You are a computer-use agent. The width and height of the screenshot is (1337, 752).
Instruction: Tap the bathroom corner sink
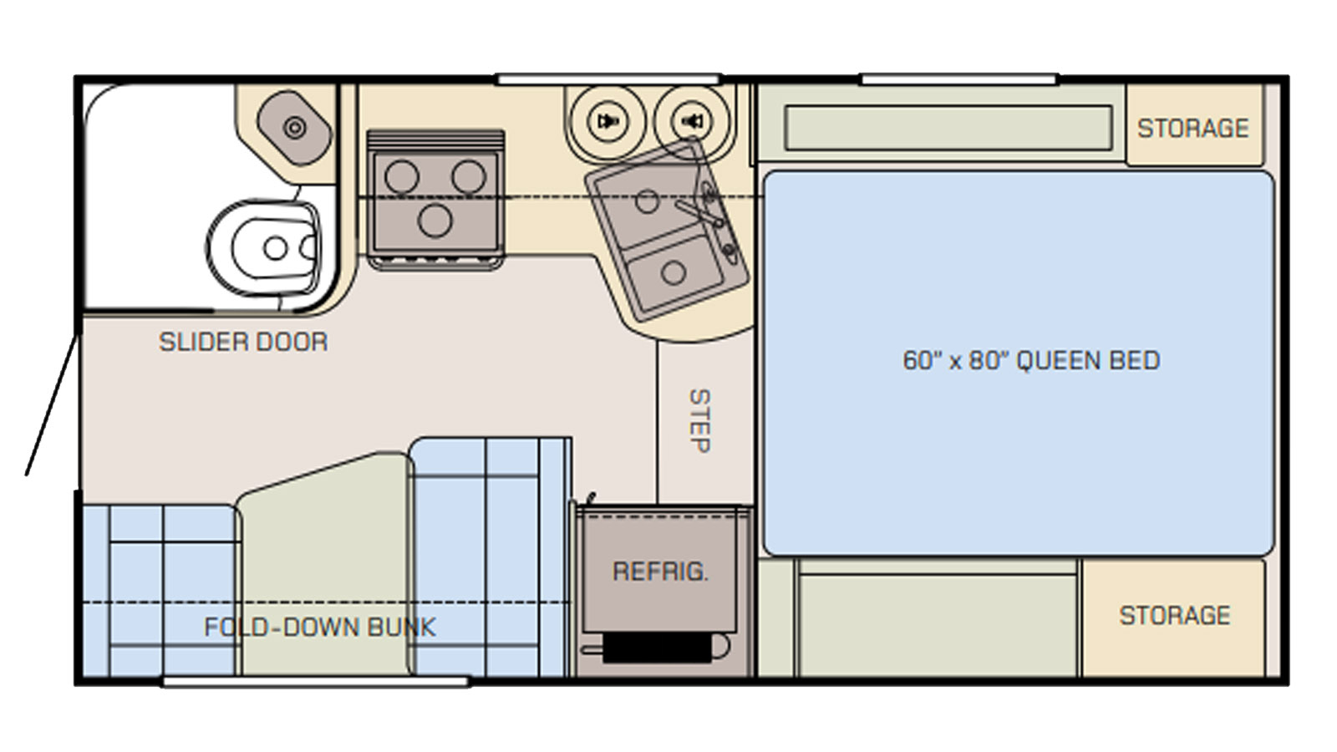coord(294,128)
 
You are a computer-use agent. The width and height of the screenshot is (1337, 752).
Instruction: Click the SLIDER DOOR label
coord(243,342)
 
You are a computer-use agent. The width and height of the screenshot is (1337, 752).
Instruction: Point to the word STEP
coord(699,421)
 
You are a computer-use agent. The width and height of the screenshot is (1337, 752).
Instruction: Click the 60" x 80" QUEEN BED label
coord(1031,360)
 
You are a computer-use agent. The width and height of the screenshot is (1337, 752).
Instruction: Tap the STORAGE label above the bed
coord(1192,129)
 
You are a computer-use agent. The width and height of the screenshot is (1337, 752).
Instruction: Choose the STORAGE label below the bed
coord(1175,615)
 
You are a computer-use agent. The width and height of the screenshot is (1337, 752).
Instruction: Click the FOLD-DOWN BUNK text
coord(320,627)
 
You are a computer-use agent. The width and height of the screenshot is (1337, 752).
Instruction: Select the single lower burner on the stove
coord(435,221)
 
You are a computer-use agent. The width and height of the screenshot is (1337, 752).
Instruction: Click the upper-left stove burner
coord(402,176)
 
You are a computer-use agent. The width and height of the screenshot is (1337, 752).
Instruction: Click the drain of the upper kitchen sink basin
coord(647,201)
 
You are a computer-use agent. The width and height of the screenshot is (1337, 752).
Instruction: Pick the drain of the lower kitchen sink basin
coord(674,272)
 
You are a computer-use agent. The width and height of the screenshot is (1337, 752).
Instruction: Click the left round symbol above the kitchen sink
coord(607,121)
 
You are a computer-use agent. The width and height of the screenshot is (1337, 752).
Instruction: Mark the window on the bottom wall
coord(317,682)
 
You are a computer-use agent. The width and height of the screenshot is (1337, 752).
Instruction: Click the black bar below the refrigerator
coord(657,648)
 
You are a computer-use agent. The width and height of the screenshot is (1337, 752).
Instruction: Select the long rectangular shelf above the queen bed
coord(948,128)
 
